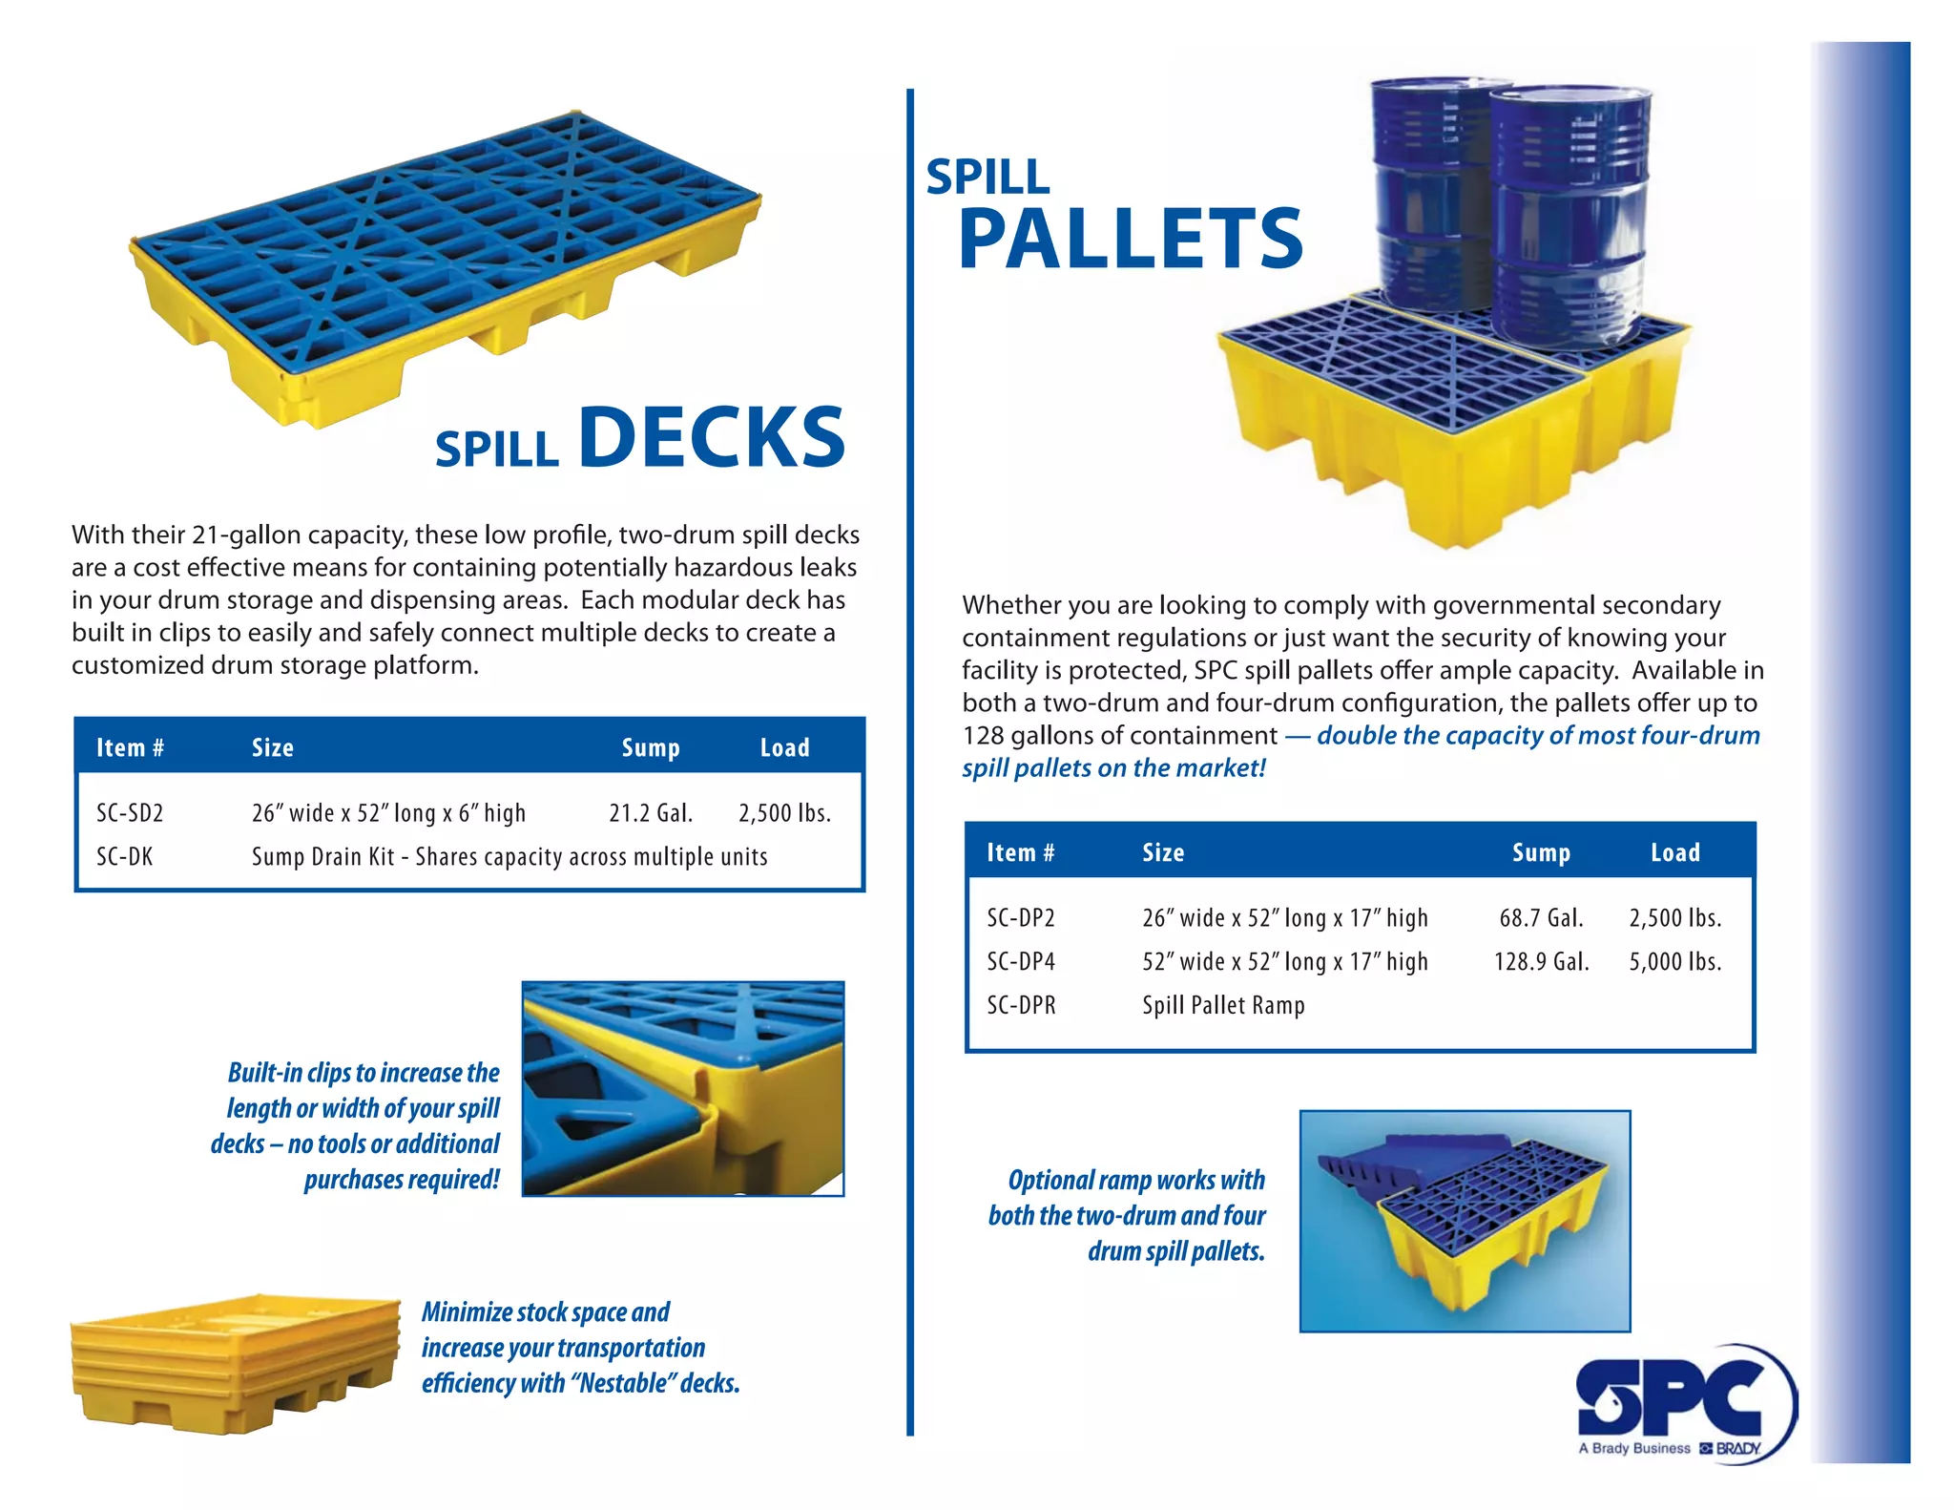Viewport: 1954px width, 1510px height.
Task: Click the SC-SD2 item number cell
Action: click(x=130, y=813)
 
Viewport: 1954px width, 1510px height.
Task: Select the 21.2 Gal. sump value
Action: click(x=651, y=813)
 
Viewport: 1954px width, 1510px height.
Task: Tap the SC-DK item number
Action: click(x=124, y=856)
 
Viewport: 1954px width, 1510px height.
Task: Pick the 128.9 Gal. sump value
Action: click(x=1541, y=961)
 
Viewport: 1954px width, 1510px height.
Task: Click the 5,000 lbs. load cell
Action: click(x=1674, y=961)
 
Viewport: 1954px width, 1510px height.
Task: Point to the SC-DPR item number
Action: click(x=1021, y=1005)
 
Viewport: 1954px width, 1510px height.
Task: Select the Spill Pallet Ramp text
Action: click(x=1223, y=1005)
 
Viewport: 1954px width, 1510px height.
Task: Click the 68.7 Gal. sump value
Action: click(x=1541, y=918)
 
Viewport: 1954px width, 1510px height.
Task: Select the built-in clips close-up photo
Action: click(x=683, y=1088)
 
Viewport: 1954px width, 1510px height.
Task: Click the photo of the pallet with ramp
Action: click(x=1465, y=1221)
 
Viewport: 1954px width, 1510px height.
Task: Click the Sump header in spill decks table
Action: click(x=651, y=747)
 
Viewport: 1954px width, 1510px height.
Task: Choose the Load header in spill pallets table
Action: click(x=1674, y=852)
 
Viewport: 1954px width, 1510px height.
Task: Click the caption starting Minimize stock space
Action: click(x=579, y=1348)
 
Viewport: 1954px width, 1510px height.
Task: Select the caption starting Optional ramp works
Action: click(x=1128, y=1215)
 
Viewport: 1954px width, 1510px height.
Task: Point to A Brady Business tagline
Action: click(x=1633, y=1448)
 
